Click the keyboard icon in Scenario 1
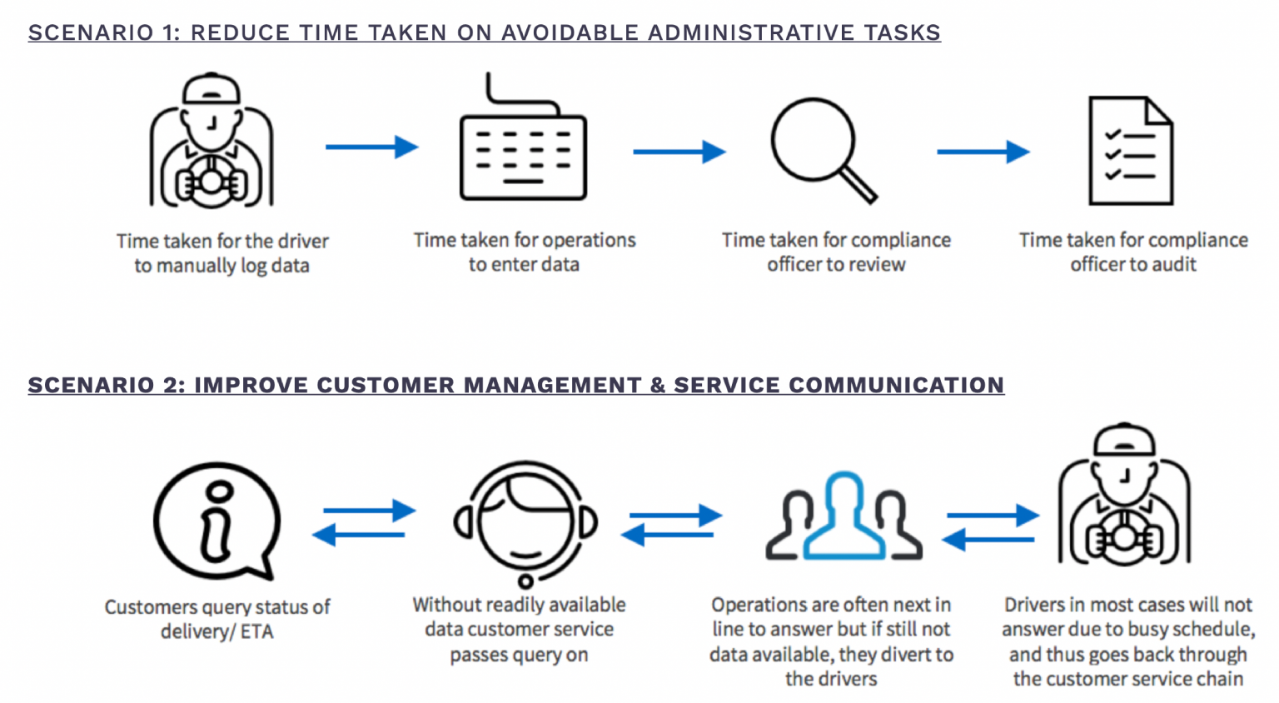[523, 157]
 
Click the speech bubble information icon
[217, 521]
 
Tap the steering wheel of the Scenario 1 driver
[212, 182]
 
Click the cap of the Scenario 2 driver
[1124, 440]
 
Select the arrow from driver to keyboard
[371, 147]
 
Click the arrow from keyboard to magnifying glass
[679, 152]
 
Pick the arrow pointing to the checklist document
[983, 152]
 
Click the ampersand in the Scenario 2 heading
[658, 385]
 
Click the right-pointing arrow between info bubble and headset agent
[370, 510]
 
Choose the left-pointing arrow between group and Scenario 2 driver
[988, 539]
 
